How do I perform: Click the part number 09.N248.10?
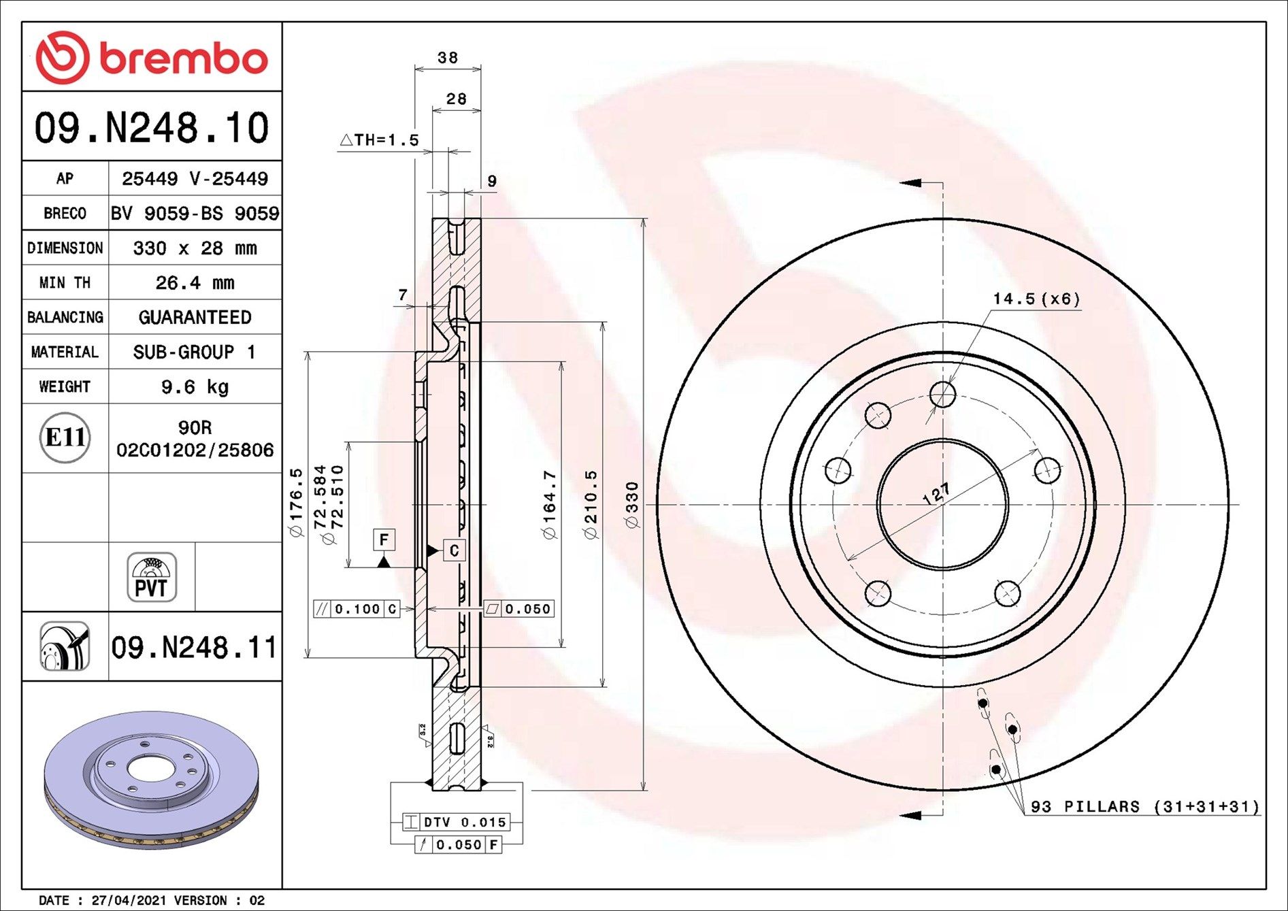(152, 127)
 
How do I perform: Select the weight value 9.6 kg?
(195, 387)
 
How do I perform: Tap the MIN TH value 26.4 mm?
(195, 282)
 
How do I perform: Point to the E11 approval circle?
(65, 437)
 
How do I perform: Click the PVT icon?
(152, 577)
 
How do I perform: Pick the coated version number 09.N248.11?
(194, 647)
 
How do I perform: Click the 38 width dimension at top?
(448, 58)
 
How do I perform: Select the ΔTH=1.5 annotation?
(379, 140)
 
